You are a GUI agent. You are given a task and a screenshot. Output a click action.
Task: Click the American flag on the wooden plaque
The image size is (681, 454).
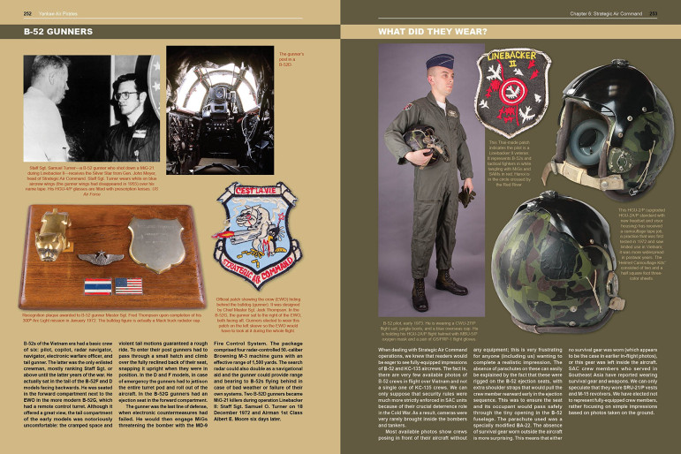click(x=129, y=287)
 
